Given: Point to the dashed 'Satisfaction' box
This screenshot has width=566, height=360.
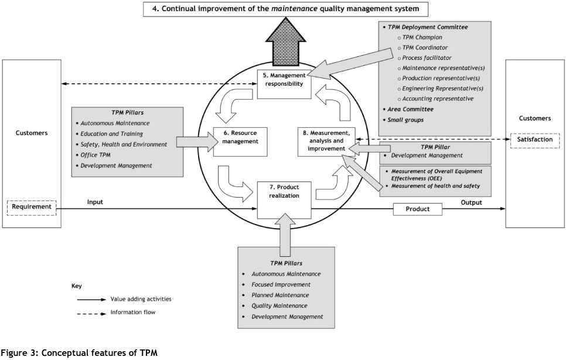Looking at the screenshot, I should (535, 140).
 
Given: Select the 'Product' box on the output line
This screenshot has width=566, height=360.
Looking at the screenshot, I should (417, 209).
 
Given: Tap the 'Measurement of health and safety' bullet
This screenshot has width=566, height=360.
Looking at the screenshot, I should (434, 186).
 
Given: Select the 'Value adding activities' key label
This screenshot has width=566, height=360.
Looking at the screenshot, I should (141, 298).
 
